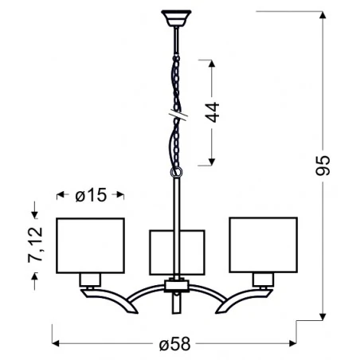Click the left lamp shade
90,243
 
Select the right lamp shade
262,243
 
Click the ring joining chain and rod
176,170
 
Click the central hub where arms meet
176,284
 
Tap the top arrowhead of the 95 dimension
323,14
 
